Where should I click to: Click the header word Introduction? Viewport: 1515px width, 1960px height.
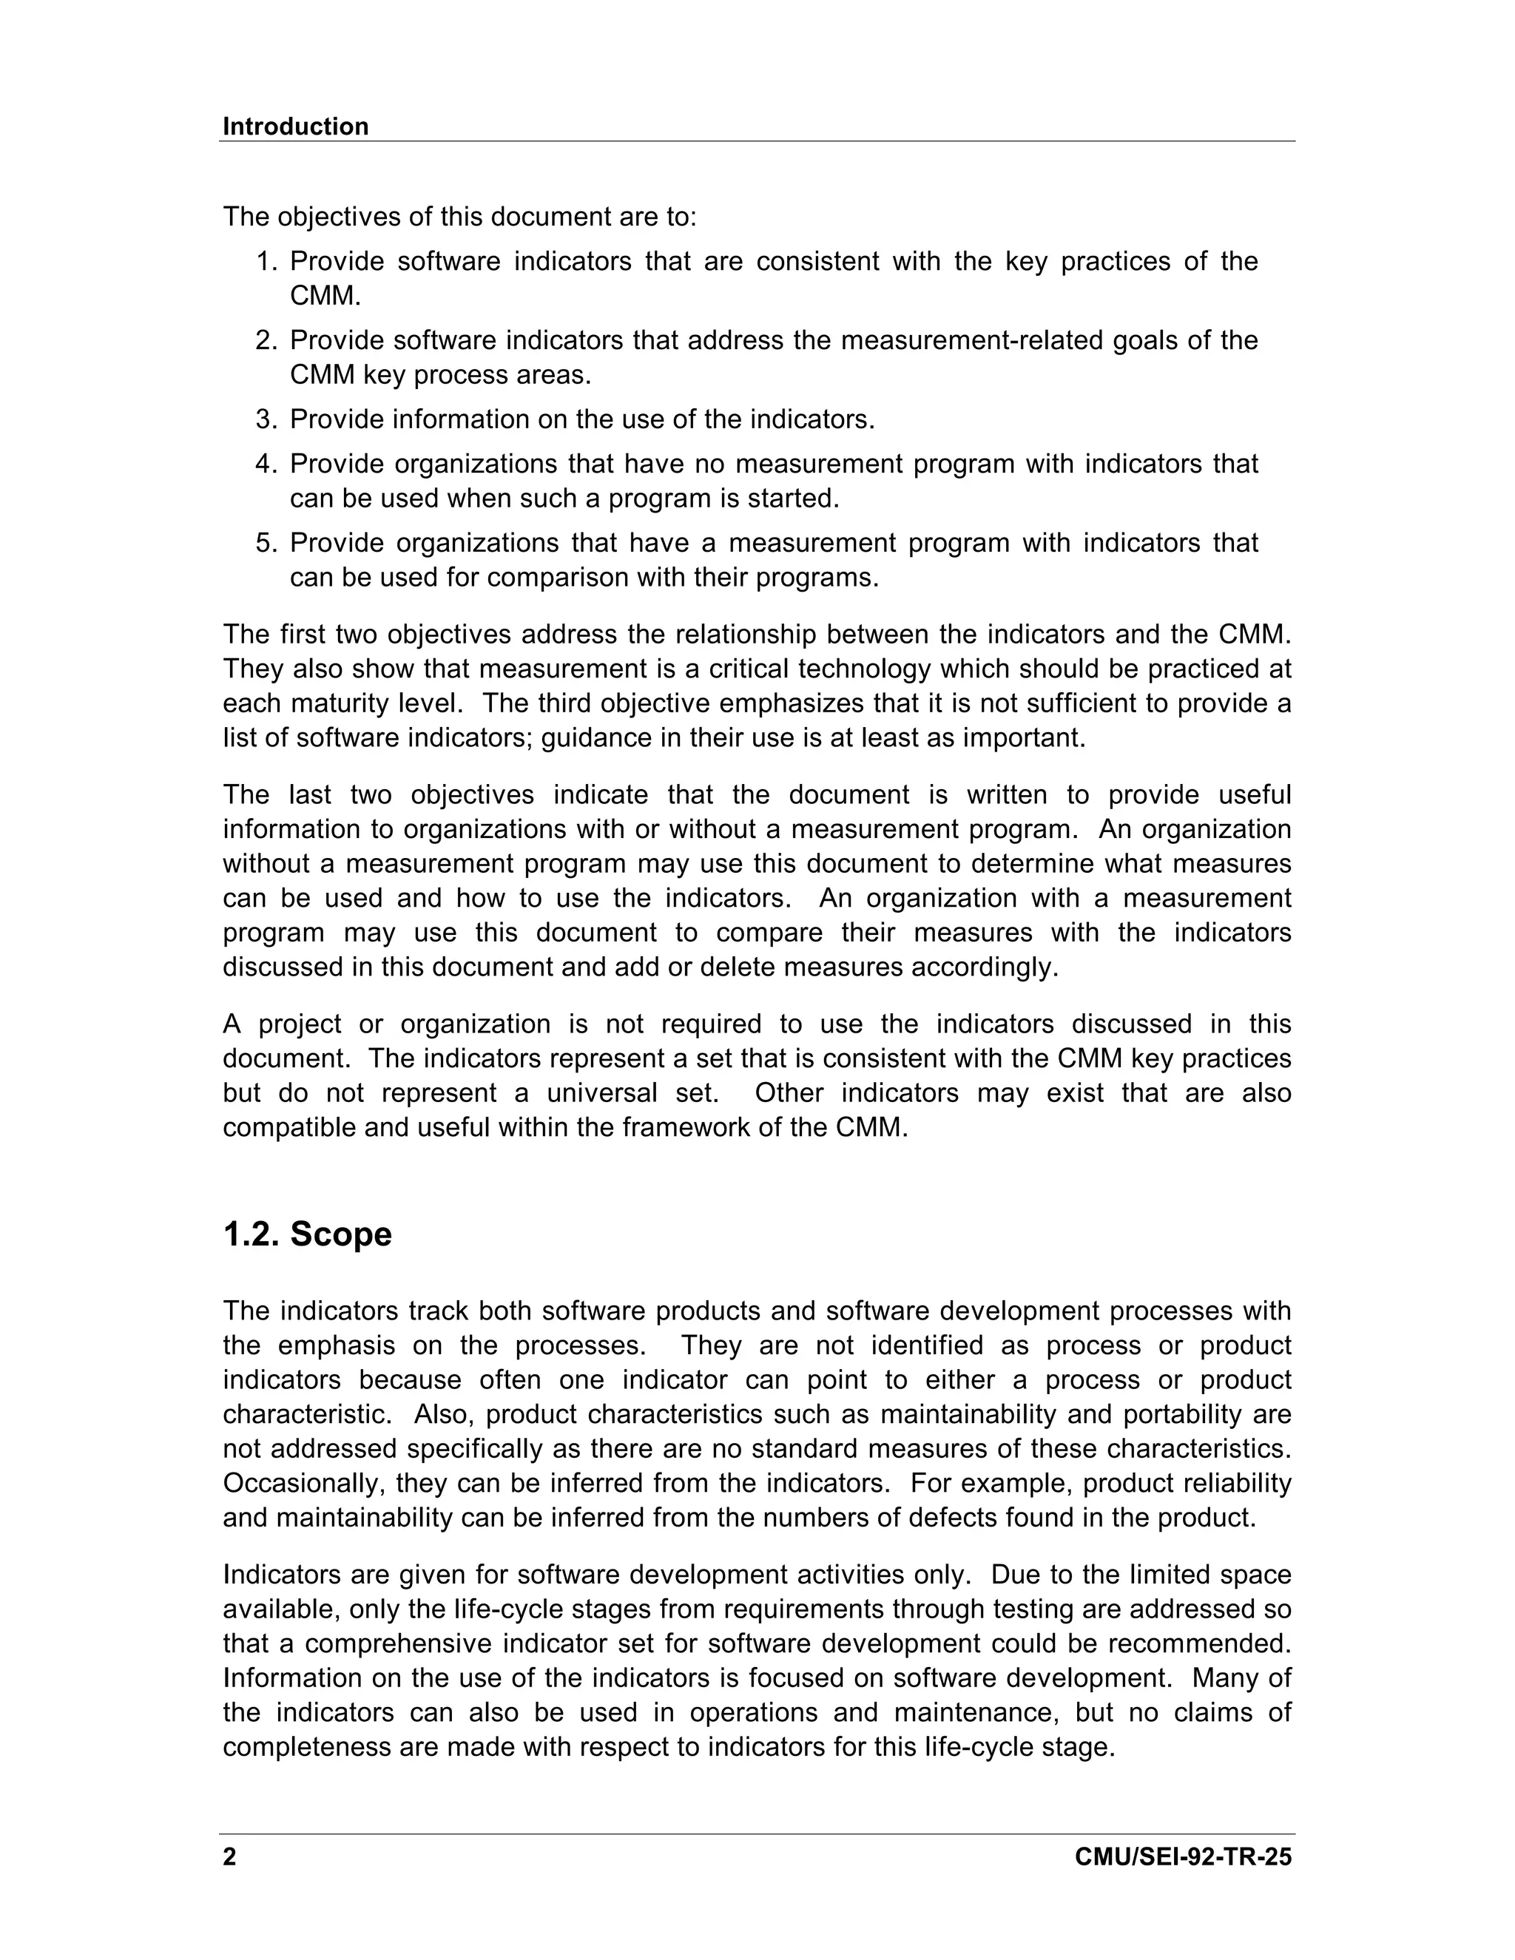pos(295,126)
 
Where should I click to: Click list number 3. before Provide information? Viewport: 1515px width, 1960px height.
pos(266,419)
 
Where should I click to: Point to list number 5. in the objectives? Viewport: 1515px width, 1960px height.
pos(266,543)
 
